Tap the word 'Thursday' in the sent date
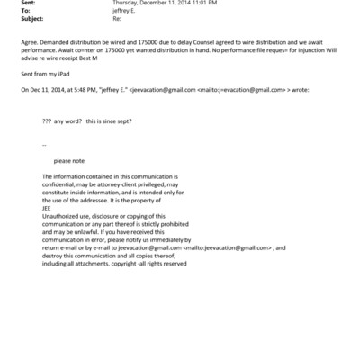[x=128, y=4]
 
